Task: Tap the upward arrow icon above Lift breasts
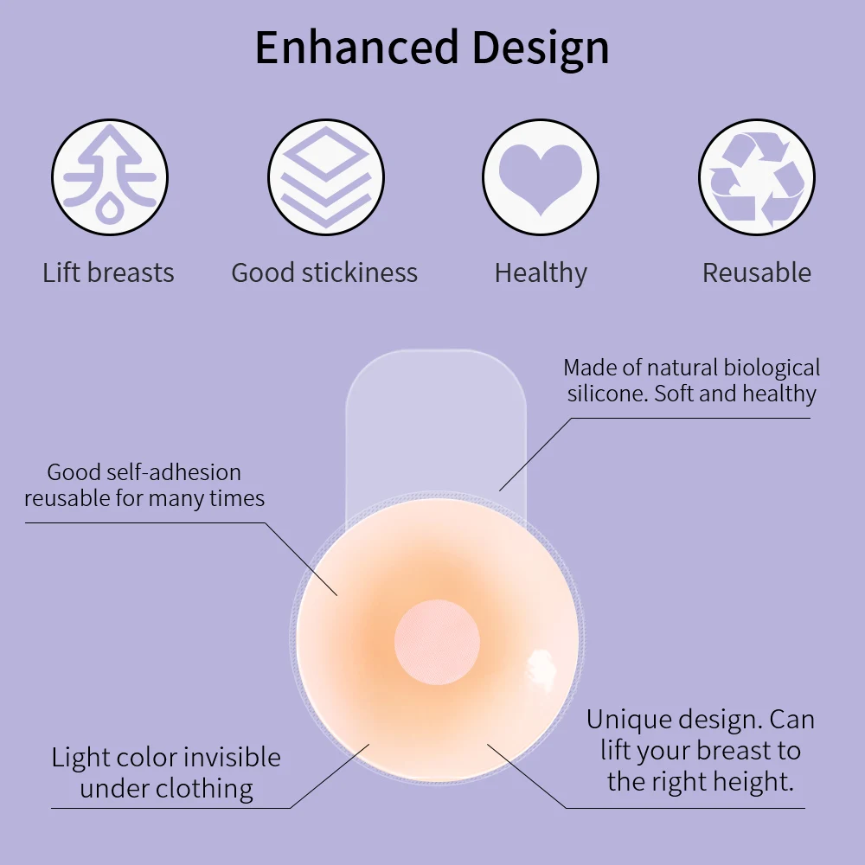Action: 108,176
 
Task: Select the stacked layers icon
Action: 324,176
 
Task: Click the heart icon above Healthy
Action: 540,176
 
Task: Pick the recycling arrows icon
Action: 757,176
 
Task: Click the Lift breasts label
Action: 108,273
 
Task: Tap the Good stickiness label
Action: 324,273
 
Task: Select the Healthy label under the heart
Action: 541,273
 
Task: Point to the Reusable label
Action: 757,273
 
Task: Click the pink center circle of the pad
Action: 437,641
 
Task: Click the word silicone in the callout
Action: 606,394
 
